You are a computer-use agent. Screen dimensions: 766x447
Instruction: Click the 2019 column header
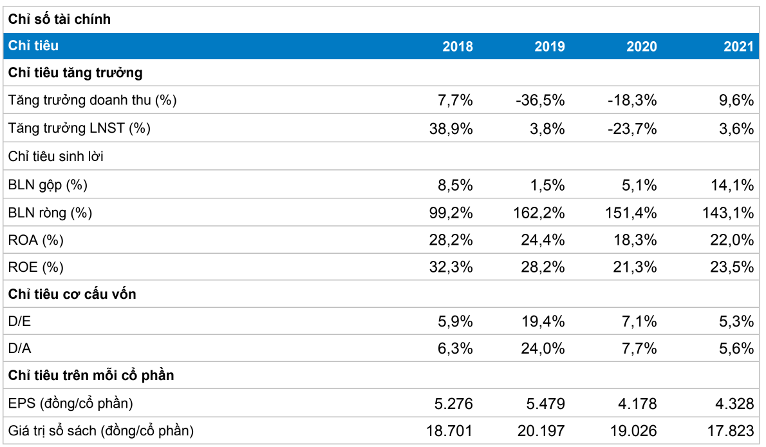[549, 46]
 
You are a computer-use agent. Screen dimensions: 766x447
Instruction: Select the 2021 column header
[739, 46]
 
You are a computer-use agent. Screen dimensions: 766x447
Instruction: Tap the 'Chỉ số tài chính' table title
[60, 19]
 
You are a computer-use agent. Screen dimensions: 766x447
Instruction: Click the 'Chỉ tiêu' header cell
[33, 46]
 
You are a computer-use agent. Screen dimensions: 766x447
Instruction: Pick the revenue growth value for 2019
[540, 100]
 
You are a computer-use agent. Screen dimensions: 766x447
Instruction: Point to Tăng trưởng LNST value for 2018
[451, 129]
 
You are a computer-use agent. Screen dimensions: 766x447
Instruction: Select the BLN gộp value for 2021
[732, 185]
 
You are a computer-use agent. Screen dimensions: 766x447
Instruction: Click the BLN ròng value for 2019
[539, 213]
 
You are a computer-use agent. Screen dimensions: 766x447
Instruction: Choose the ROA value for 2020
[635, 240]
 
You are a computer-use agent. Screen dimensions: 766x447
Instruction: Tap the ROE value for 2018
[451, 267]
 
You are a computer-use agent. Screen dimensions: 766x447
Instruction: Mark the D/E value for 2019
[543, 321]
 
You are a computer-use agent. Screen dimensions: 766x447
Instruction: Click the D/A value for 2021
[736, 348]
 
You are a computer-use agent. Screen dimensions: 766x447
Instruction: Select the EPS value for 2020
[637, 403]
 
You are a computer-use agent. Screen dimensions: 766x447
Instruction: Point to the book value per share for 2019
[541, 431]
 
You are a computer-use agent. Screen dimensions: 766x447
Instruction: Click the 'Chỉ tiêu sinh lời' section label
[56, 157]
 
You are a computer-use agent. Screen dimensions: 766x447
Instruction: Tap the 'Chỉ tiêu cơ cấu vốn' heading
[72, 294]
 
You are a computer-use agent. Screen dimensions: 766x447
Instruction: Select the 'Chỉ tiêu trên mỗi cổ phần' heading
[91, 375]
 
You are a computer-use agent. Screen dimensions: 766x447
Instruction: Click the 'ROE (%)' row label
[35, 267]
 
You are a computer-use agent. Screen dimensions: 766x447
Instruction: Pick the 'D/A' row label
[19, 348]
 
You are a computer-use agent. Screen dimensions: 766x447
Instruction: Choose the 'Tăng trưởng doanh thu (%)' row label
[92, 100]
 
